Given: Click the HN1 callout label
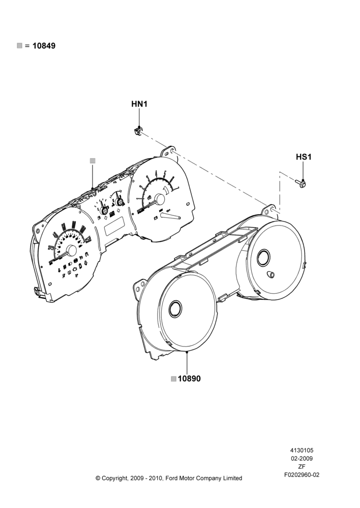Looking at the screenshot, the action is click(139, 104).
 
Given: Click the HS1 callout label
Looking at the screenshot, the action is click(304, 157).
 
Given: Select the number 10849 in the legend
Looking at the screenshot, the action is click(44, 46).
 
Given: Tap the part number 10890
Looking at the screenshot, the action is click(189, 378).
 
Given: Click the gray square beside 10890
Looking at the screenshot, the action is click(174, 379).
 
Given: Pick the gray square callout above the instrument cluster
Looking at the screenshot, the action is click(93, 161).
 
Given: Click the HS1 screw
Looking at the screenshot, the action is click(301, 184).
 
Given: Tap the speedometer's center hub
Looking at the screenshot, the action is click(71, 250).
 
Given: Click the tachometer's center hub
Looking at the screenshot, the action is click(160, 199).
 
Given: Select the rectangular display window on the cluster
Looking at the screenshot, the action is click(114, 226).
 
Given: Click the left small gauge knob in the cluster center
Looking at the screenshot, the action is click(105, 210).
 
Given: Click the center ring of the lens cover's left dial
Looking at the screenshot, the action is click(175, 309).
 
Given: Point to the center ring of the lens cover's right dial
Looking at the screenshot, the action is click(263, 258).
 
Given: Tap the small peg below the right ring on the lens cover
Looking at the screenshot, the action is click(270, 274).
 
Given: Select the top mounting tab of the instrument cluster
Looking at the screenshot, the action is click(169, 151).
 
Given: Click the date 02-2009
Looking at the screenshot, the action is click(302, 458).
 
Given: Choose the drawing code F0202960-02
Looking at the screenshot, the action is click(302, 475).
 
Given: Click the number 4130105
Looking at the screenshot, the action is click(302, 450).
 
